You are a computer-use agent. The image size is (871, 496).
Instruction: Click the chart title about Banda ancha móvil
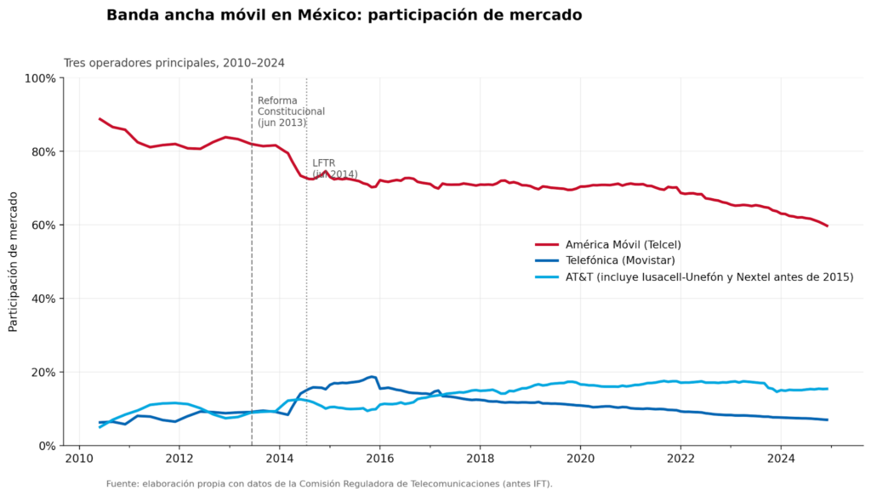tap(344, 15)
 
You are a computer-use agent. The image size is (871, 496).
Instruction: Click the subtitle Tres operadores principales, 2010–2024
tap(174, 63)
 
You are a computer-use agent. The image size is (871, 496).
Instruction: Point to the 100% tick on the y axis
tap(40, 78)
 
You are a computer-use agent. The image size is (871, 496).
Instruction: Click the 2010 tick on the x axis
tap(79, 459)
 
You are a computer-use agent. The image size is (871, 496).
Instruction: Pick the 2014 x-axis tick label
tap(280, 459)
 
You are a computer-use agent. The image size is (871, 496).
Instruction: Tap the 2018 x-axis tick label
tap(480, 459)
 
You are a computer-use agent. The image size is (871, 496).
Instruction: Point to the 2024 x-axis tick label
tap(780, 459)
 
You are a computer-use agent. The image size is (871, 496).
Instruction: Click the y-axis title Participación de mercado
tap(14, 261)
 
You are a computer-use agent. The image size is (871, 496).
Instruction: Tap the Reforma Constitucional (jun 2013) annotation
tap(291, 111)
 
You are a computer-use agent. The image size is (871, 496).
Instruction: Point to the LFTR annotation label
tap(323, 162)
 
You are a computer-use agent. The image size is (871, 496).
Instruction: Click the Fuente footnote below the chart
tap(329, 484)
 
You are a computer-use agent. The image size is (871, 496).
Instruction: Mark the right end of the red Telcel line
tap(828, 226)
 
